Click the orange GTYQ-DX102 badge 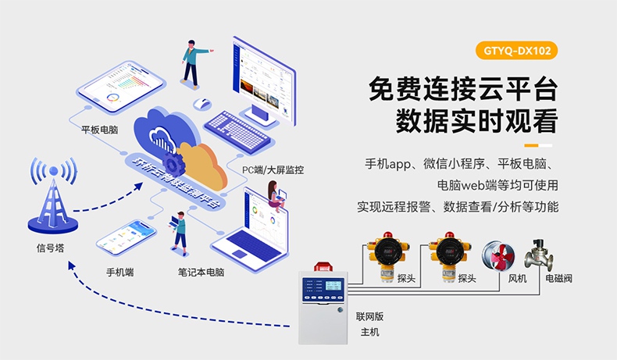516,53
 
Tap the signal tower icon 53,196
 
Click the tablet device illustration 124,92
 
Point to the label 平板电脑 99,130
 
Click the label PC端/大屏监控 273,169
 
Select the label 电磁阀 558,278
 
